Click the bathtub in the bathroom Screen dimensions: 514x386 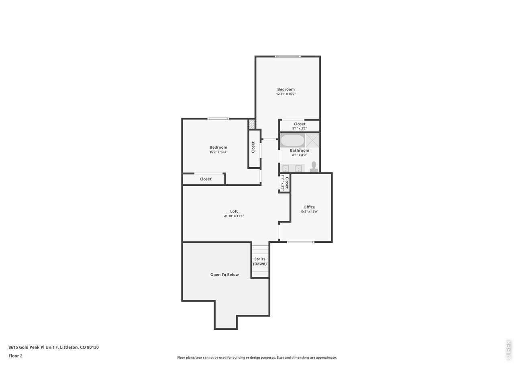click(292, 141)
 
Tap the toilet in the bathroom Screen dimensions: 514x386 click(314, 166)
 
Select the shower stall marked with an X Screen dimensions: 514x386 click(312, 140)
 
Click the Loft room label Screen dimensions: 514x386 click(234, 211)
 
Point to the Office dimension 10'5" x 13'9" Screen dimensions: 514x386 click(309, 211)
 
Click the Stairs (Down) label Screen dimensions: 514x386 click(260, 261)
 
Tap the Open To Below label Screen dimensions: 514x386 click(224, 275)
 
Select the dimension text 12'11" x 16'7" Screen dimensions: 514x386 click(286, 94)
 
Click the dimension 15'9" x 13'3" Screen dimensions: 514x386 click(218, 152)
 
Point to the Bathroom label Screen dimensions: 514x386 click(299, 150)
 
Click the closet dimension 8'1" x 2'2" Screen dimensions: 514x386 click(299, 128)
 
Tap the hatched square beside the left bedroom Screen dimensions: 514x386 click(251, 124)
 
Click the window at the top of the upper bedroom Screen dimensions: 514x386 click(288, 56)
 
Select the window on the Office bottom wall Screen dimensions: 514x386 click(300, 242)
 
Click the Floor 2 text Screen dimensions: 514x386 click(15, 356)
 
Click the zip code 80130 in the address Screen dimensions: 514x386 click(93, 347)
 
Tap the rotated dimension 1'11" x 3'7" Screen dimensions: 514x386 click(283, 183)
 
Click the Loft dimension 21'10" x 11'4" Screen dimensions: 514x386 click(234, 216)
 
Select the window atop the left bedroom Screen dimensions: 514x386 click(218, 119)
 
